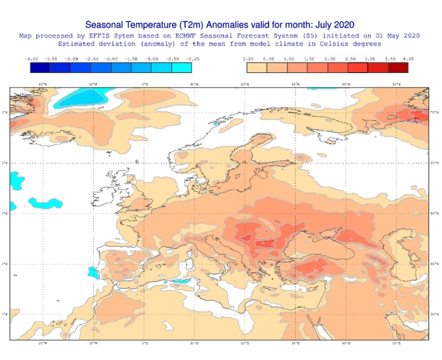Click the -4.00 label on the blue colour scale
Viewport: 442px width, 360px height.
point(30,60)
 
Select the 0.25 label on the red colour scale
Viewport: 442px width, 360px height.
point(248,60)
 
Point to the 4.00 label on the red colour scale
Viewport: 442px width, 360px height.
point(409,60)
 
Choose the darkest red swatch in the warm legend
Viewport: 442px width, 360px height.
point(398,68)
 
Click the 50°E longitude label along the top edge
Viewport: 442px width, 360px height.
point(396,84)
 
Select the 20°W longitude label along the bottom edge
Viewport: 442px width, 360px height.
point(42,343)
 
